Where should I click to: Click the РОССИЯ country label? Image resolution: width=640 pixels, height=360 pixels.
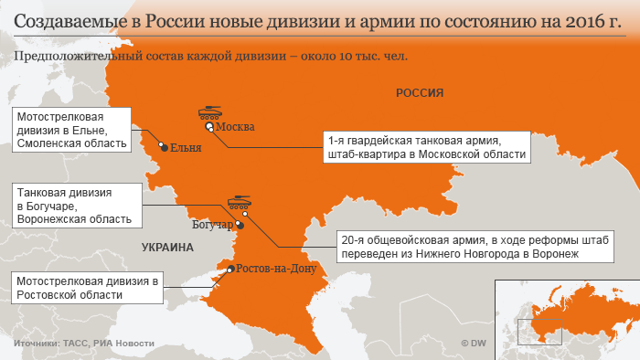tap(420, 92)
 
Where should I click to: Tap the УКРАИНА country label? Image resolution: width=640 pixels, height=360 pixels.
tap(168, 247)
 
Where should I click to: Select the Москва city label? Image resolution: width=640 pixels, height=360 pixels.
tap(234, 127)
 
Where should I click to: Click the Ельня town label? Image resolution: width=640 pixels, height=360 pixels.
tap(186, 148)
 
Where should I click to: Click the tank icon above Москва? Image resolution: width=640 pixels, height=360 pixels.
tap(209, 114)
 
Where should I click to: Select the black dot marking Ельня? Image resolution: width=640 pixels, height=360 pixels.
tap(164, 145)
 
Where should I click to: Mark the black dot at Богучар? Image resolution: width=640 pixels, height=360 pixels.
tap(240, 224)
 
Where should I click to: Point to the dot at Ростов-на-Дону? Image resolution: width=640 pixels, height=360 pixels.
tap(229, 269)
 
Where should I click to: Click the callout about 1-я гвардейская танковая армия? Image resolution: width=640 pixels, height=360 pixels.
tap(425, 148)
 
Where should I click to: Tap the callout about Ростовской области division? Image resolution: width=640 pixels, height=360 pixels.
tap(86, 288)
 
